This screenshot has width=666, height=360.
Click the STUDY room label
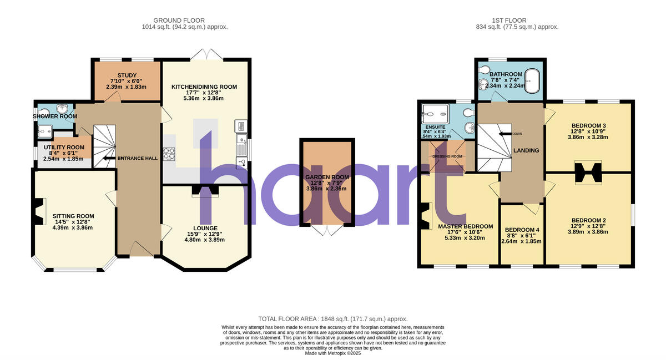pyautogui.click(x=127, y=75)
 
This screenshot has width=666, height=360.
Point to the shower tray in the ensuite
pyautogui.click(x=434, y=114)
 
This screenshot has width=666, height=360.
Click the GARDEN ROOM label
pyautogui.click(x=327, y=177)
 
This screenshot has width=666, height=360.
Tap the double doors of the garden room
pyautogui.click(x=327, y=230)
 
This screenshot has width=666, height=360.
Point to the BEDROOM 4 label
pyautogui.click(x=521, y=230)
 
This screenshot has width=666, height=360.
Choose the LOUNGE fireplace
pyautogui.click(x=205, y=190)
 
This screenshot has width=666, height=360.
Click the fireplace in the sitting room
pyautogui.click(x=38, y=212)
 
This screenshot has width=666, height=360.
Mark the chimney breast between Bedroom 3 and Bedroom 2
pyautogui.click(x=588, y=171)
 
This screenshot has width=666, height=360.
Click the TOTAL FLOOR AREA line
pyautogui.click(x=333, y=319)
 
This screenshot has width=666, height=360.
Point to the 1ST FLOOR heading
pyautogui.click(x=517, y=21)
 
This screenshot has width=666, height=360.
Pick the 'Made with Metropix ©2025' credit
pyautogui.click(x=333, y=353)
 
